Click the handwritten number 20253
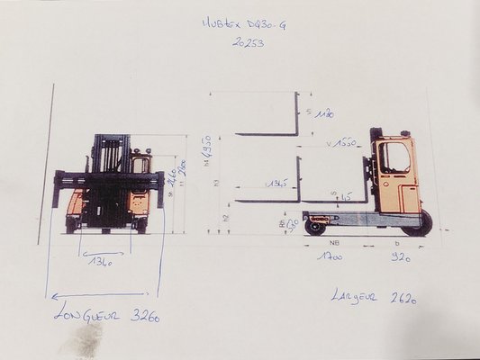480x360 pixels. coord(248,42)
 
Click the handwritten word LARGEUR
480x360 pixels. coord(358,294)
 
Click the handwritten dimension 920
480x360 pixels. coord(400,257)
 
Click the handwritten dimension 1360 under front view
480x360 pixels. coord(102,263)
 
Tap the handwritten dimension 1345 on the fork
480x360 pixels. coord(276,184)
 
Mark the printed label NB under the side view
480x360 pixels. coord(334,242)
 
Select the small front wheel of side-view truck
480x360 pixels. coord(314,227)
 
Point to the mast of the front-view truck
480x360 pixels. coord(108,162)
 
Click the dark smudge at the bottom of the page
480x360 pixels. coord(88,340)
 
